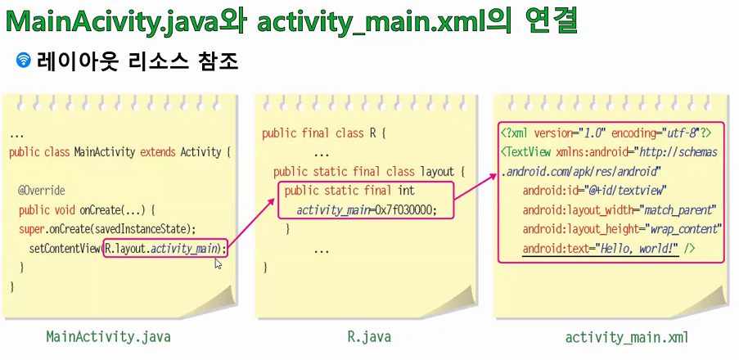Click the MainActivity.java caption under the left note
(108, 336)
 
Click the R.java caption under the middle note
(369, 336)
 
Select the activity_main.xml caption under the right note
(627, 337)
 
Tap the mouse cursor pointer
(219, 263)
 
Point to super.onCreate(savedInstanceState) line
(107, 228)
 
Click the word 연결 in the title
(546, 20)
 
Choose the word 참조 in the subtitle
(217, 61)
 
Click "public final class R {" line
(323, 133)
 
